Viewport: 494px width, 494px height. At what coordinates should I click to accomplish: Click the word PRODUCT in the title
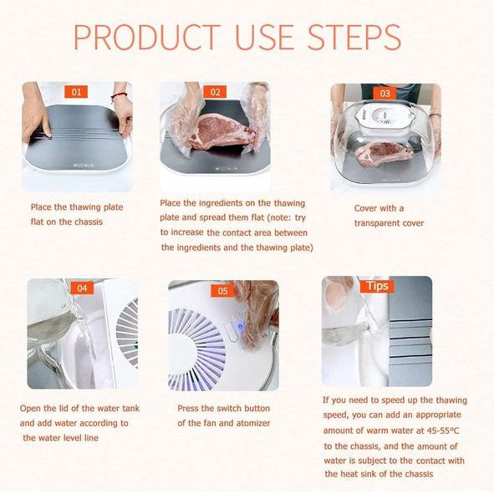pos(147,37)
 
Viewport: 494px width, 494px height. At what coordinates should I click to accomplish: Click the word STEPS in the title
pos(354,37)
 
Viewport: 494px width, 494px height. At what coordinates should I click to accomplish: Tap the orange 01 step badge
pos(76,92)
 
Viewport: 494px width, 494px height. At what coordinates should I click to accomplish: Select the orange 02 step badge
pos(215,92)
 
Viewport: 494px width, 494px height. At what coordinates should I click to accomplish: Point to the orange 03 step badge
pos(385,94)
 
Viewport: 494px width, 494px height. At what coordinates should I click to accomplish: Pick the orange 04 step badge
pos(82,288)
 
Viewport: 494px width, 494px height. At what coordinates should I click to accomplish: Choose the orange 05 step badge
pos(222,291)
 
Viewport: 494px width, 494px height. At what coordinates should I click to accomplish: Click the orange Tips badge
pos(377,286)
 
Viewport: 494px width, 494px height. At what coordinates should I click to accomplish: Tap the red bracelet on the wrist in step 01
pos(119,95)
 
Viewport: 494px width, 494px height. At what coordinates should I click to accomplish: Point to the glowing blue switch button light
pos(241,327)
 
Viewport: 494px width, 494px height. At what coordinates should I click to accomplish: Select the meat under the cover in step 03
pos(384,152)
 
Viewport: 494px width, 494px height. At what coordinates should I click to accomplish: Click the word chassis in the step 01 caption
pos(88,222)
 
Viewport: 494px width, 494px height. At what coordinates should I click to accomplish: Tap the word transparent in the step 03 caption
pos(374,223)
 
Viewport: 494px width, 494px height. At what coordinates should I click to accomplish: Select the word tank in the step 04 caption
pos(131,408)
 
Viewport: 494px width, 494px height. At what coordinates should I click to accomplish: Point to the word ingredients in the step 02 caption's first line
pos(221,203)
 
